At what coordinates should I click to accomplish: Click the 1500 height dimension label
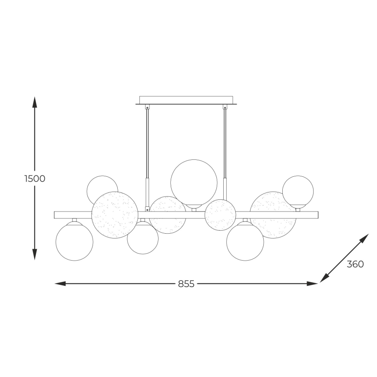point(35,179)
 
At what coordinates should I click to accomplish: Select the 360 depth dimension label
point(355,264)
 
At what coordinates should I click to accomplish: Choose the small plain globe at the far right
point(298,191)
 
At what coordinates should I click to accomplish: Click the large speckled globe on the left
point(115,215)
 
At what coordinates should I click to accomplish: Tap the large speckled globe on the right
point(273,215)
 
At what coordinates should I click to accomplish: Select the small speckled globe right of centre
point(221,215)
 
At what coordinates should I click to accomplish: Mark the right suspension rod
point(225,143)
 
